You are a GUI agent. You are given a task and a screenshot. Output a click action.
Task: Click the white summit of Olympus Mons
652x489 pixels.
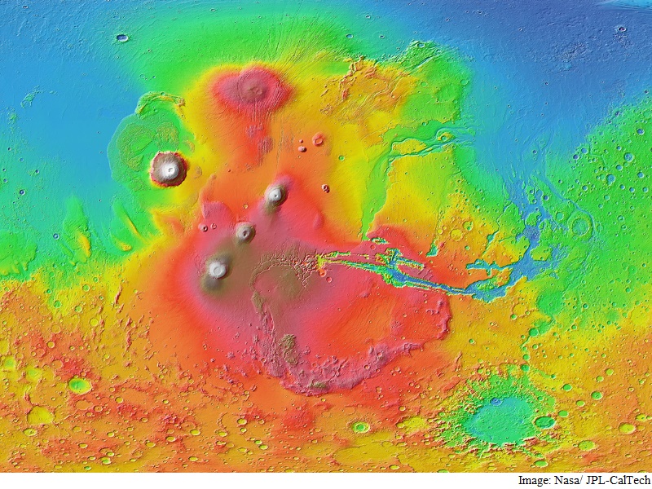pyautogui.click(x=169, y=170)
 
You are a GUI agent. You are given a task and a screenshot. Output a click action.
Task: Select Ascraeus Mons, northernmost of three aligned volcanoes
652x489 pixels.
pyautogui.click(x=275, y=194)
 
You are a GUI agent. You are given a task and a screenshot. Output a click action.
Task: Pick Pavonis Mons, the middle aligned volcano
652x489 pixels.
pyautogui.click(x=244, y=231)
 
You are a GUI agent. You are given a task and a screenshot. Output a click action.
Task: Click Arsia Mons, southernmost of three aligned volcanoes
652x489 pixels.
pyautogui.click(x=217, y=268)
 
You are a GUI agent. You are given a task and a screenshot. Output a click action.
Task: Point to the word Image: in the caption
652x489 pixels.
pyautogui.click(x=534, y=481)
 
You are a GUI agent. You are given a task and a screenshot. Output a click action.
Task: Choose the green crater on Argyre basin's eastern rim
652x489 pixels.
pyautogui.click(x=544, y=421)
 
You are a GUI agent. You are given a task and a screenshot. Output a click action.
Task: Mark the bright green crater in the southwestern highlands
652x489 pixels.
pyautogui.click(x=79, y=385)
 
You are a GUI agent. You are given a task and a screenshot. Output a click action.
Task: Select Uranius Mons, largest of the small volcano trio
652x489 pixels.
pyautogui.click(x=318, y=139)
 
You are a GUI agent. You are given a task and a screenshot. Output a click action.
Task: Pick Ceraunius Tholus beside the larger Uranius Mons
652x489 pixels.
pyautogui.click(x=302, y=148)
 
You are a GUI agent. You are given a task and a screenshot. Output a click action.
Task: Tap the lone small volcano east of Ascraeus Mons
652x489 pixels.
pyautogui.click(x=325, y=188)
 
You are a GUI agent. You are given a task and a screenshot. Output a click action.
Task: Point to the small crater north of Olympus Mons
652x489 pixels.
pyautogui.click(x=122, y=37)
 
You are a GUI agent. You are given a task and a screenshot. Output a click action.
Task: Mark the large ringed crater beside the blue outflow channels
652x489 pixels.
pyautogui.click(x=581, y=226)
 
